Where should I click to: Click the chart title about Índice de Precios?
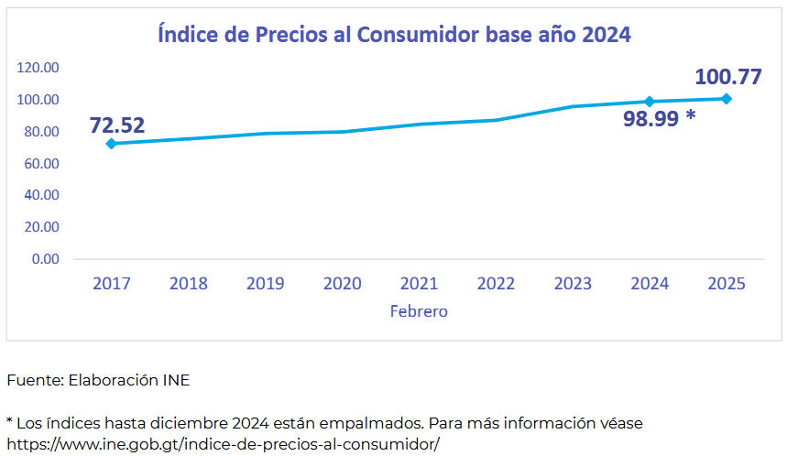click(x=395, y=35)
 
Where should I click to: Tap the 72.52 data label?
click(x=117, y=125)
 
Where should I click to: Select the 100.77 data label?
click(x=728, y=76)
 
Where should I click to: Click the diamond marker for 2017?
click(x=111, y=144)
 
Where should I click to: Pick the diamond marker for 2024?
click(x=650, y=102)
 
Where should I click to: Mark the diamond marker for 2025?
click(x=727, y=99)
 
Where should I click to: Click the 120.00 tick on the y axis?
click(x=38, y=68)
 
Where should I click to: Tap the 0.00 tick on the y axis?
click(x=45, y=259)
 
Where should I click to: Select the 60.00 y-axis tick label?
click(x=41, y=163)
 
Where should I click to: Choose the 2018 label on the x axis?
click(x=188, y=283)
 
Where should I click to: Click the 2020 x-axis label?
click(x=342, y=283)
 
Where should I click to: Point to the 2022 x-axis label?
click(x=496, y=283)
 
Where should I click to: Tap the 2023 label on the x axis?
click(x=573, y=283)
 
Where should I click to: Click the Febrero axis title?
click(x=419, y=311)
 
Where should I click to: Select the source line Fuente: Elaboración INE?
click(x=98, y=380)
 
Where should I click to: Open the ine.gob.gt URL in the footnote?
click(x=223, y=444)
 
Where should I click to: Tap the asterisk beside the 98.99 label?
click(x=690, y=116)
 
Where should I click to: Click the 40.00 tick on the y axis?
click(x=41, y=195)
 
